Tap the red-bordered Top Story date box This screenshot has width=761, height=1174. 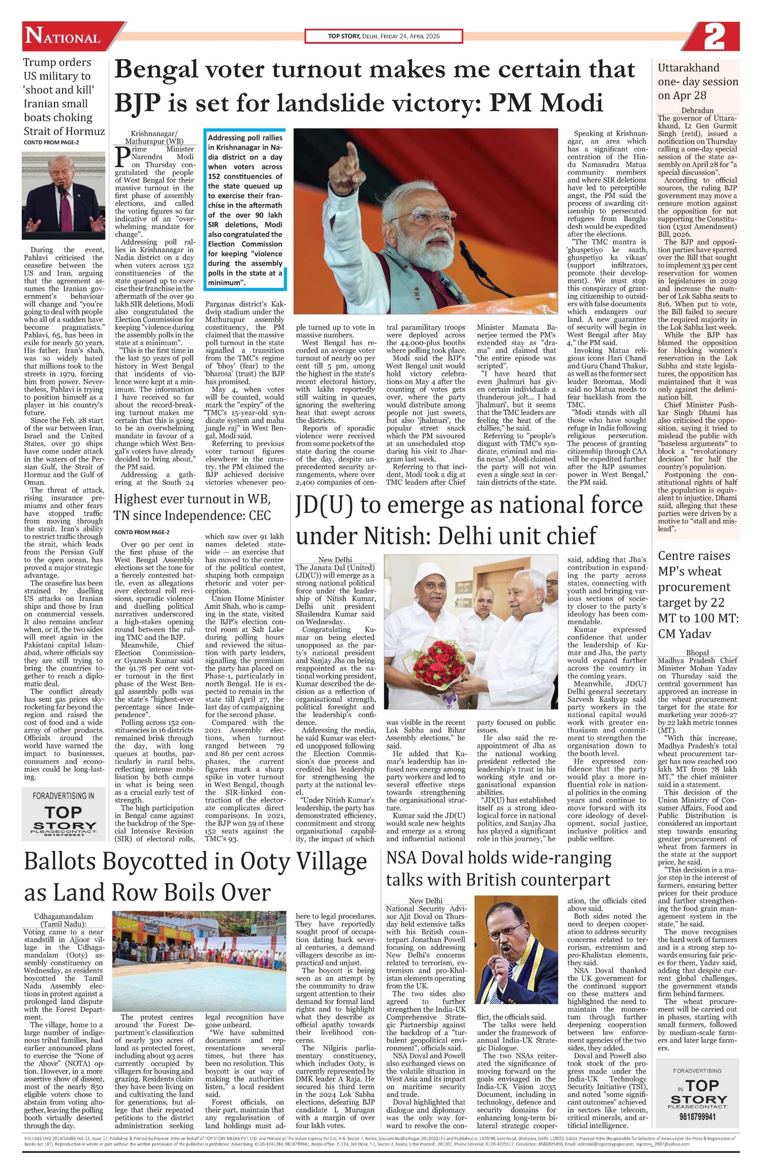[383, 37]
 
